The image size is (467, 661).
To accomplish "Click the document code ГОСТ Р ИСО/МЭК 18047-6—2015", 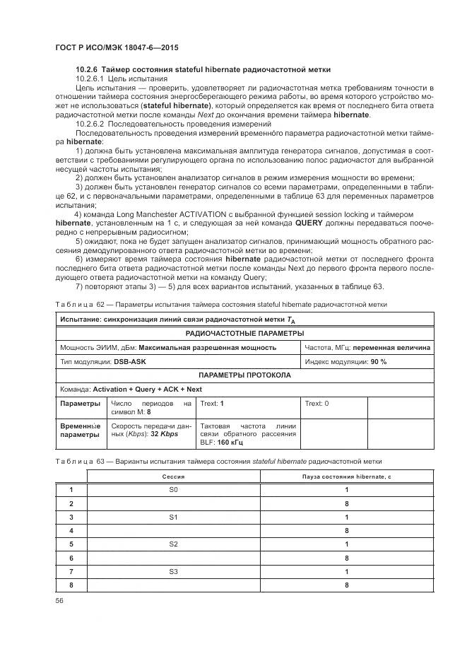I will (117, 47).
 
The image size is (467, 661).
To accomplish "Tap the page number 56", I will (59, 600).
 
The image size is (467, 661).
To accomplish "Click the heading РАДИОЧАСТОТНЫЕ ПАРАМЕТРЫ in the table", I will (244, 333).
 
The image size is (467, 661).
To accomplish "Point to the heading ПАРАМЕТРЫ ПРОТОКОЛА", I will (244, 375).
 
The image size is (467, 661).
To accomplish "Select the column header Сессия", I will (174, 477).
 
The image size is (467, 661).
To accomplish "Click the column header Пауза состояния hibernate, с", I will (346, 477).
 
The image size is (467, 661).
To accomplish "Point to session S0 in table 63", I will (174, 490).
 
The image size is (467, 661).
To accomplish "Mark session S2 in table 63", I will (174, 544).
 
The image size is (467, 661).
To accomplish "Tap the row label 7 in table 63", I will (71, 571).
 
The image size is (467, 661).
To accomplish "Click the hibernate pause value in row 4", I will (346, 530).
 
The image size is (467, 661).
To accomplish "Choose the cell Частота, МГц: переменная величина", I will (367, 347).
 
